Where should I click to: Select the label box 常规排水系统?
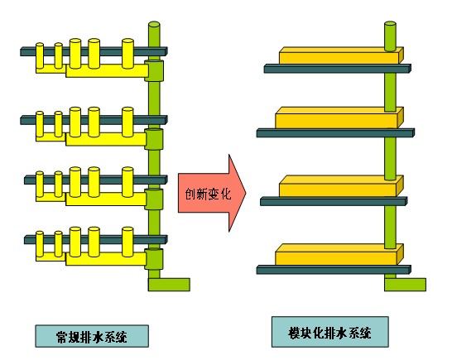[x=92, y=336]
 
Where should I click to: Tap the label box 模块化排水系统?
[x=329, y=332]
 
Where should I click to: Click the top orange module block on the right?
[x=341, y=55]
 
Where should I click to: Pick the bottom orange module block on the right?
[x=339, y=255]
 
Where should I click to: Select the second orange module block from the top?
[x=339, y=118]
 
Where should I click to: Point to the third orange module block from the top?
[x=341, y=186]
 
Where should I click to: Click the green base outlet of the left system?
[x=169, y=285]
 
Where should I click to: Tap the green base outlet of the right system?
[x=405, y=285]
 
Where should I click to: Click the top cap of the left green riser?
[x=154, y=24]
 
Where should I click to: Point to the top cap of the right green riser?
[x=390, y=24]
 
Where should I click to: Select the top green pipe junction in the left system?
[x=154, y=70]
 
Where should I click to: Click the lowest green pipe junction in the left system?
[x=154, y=259]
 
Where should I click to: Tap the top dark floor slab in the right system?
[x=338, y=69]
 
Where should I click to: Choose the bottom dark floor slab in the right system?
[x=334, y=270]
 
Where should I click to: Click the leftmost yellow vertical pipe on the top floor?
[x=40, y=55]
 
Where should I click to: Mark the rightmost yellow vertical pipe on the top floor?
[x=127, y=54]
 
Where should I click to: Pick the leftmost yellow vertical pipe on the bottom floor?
[x=40, y=244]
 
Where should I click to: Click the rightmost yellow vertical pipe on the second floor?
[x=127, y=122]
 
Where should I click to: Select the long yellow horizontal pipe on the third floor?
[x=106, y=199]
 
